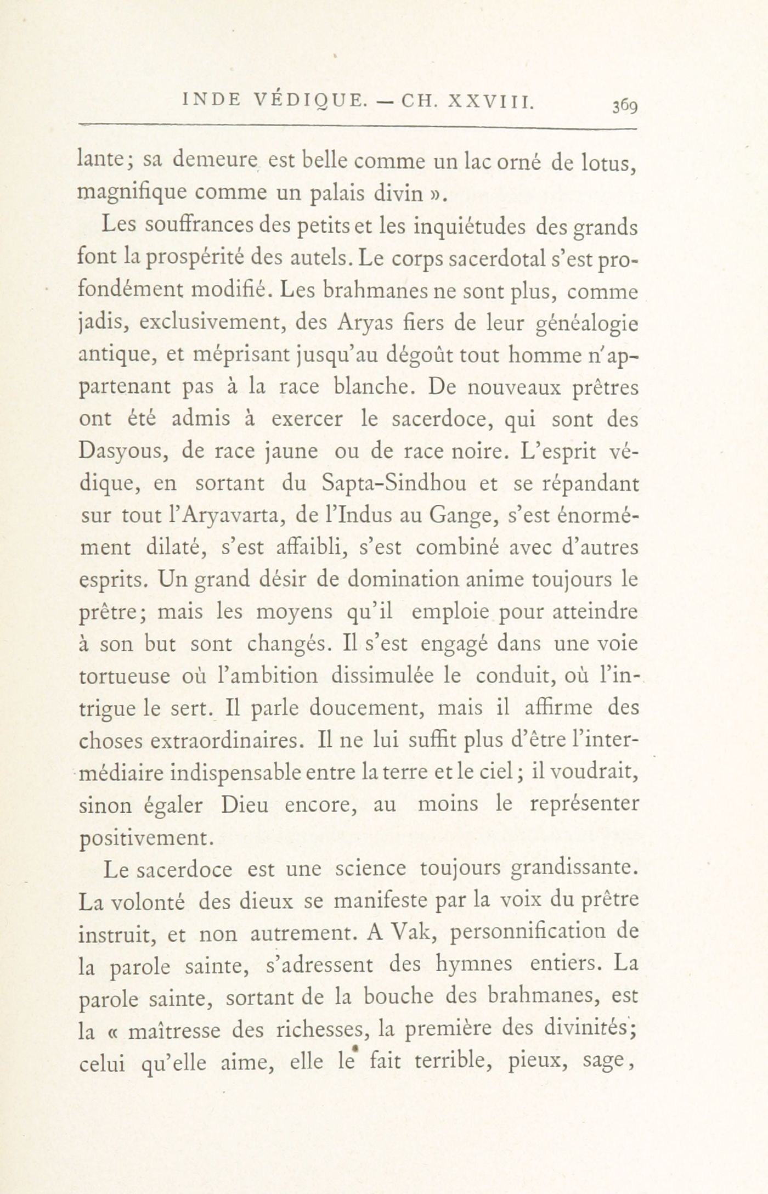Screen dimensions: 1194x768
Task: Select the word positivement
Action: point(144,838)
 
